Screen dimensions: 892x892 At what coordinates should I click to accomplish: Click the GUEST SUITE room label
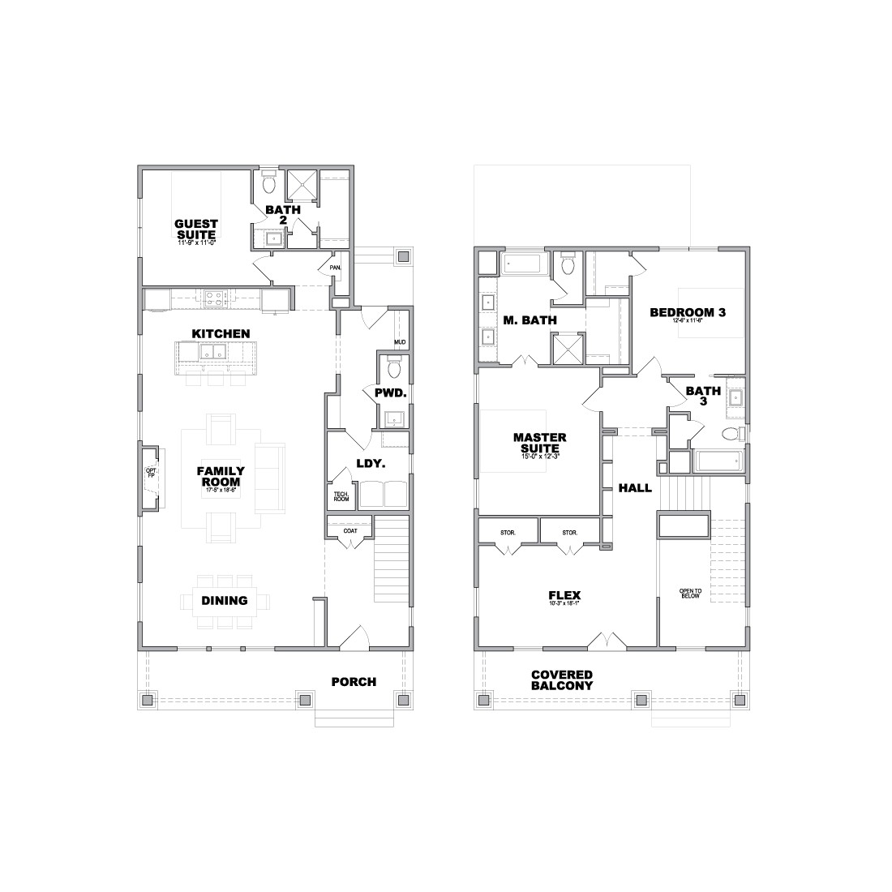click(195, 229)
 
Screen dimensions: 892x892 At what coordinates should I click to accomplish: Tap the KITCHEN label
click(221, 333)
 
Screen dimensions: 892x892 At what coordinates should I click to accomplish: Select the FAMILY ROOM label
click(221, 476)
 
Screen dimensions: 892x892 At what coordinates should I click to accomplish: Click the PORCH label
click(354, 681)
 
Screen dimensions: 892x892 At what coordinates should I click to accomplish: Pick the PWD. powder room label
click(390, 393)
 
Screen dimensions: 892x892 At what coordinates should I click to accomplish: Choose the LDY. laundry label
click(370, 464)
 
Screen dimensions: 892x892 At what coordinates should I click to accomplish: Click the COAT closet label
click(350, 532)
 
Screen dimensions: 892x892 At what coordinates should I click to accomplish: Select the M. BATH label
click(530, 320)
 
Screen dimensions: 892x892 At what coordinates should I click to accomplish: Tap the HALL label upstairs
click(635, 488)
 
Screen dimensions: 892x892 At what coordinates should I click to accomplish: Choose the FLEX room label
click(564, 596)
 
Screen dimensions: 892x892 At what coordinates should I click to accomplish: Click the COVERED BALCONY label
click(561, 680)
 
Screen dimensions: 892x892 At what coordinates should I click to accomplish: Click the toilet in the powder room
click(395, 370)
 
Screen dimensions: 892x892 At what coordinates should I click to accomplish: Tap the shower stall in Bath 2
click(299, 185)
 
